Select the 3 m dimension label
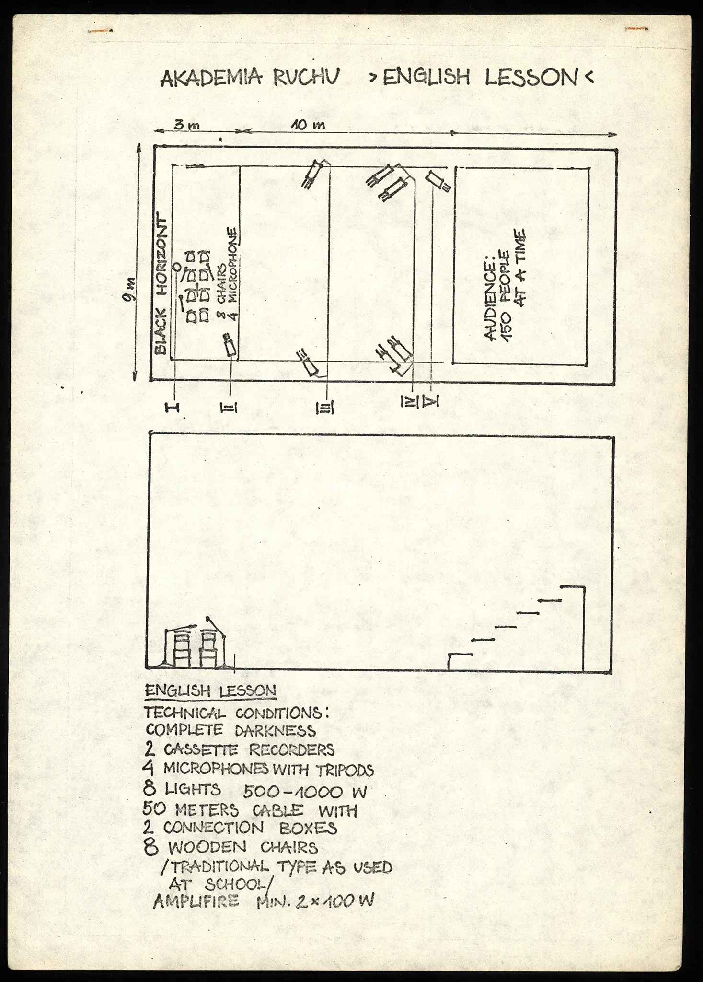[186, 126]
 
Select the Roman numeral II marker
[229, 408]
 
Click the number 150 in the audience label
[507, 321]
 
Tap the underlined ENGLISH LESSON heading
[210, 691]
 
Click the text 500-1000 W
[304, 792]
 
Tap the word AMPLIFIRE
[196, 902]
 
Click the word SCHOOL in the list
[227, 884]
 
